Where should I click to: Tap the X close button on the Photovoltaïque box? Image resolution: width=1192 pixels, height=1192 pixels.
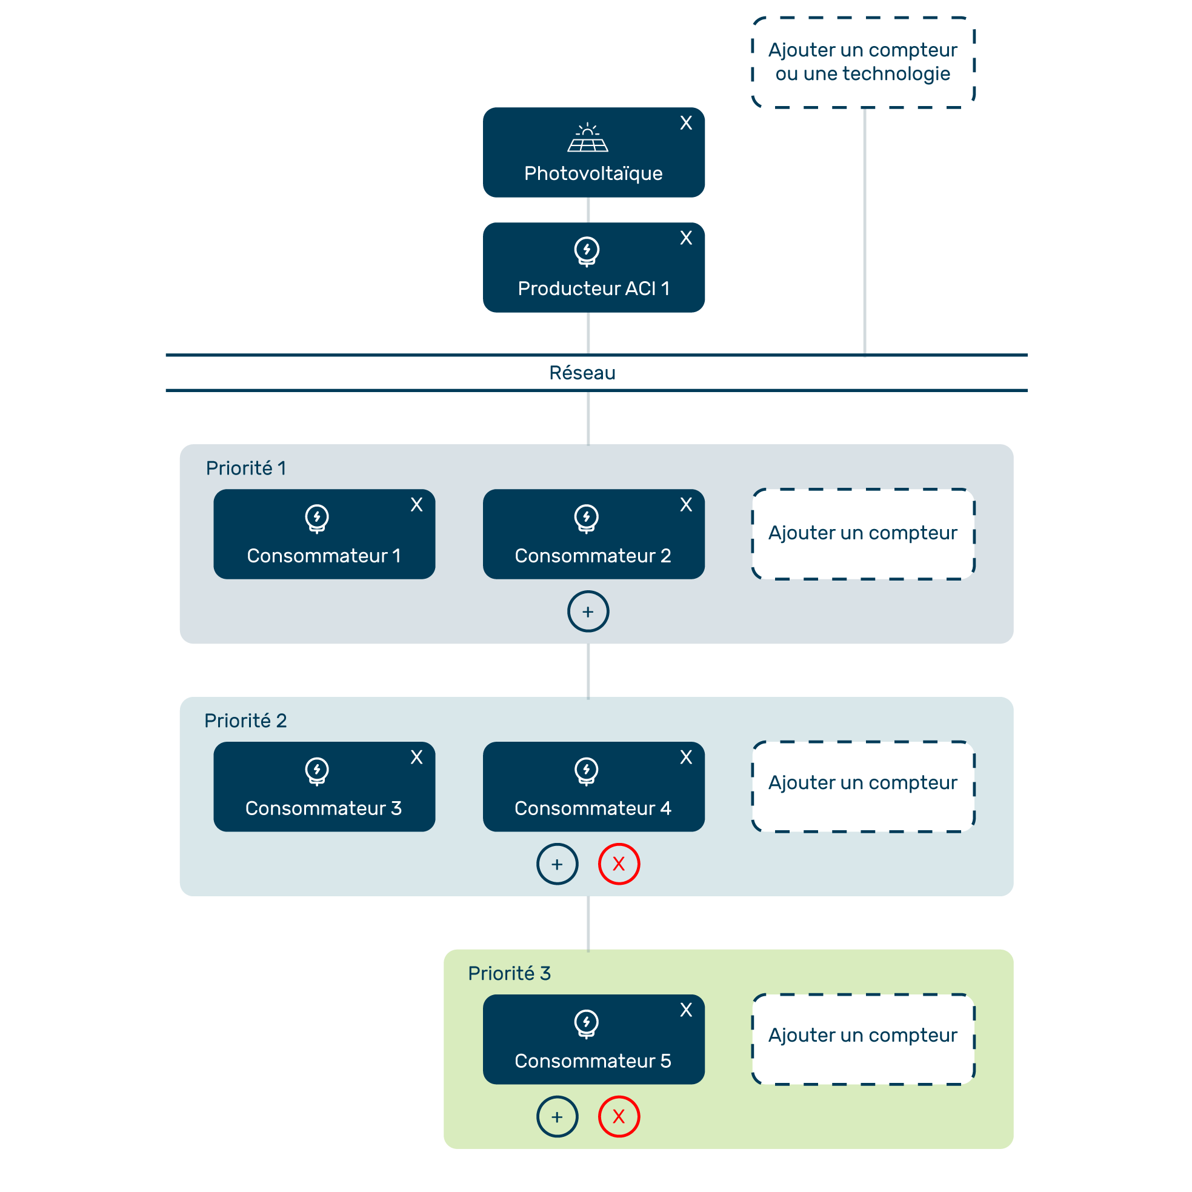coord(685,123)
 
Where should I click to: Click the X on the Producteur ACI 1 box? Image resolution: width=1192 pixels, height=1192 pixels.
coord(685,238)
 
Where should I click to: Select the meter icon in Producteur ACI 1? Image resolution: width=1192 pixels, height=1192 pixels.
coord(586,251)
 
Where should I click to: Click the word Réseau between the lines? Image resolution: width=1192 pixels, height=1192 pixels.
coord(582,373)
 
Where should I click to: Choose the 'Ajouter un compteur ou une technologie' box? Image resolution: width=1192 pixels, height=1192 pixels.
coord(862,62)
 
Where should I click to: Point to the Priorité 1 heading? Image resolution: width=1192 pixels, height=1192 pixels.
coord(245,468)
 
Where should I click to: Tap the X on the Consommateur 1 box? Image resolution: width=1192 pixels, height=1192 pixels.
coord(416,505)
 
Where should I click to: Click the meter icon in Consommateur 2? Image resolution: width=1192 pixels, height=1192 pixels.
coord(586,518)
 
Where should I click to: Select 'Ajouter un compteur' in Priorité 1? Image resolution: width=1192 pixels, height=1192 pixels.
coord(862,534)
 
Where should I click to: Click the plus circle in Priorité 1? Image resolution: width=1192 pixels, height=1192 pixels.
coord(588,611)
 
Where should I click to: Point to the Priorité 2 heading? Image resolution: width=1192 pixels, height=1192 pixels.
coord(245,721)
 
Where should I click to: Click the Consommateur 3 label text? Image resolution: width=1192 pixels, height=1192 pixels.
coord(323,808)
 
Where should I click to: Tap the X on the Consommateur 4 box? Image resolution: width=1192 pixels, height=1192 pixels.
coord(685,757)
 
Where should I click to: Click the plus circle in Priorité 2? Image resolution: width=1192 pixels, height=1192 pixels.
coord(557,864)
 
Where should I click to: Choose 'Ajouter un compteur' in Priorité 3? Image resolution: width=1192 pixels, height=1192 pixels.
coord(862,1039)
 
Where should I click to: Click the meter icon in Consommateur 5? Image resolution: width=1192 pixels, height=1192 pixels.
coord(586,1024)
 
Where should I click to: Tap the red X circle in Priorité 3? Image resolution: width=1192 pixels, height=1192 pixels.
coord(619,1116)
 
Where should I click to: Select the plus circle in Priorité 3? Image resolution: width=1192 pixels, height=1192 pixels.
coord(557,1116)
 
